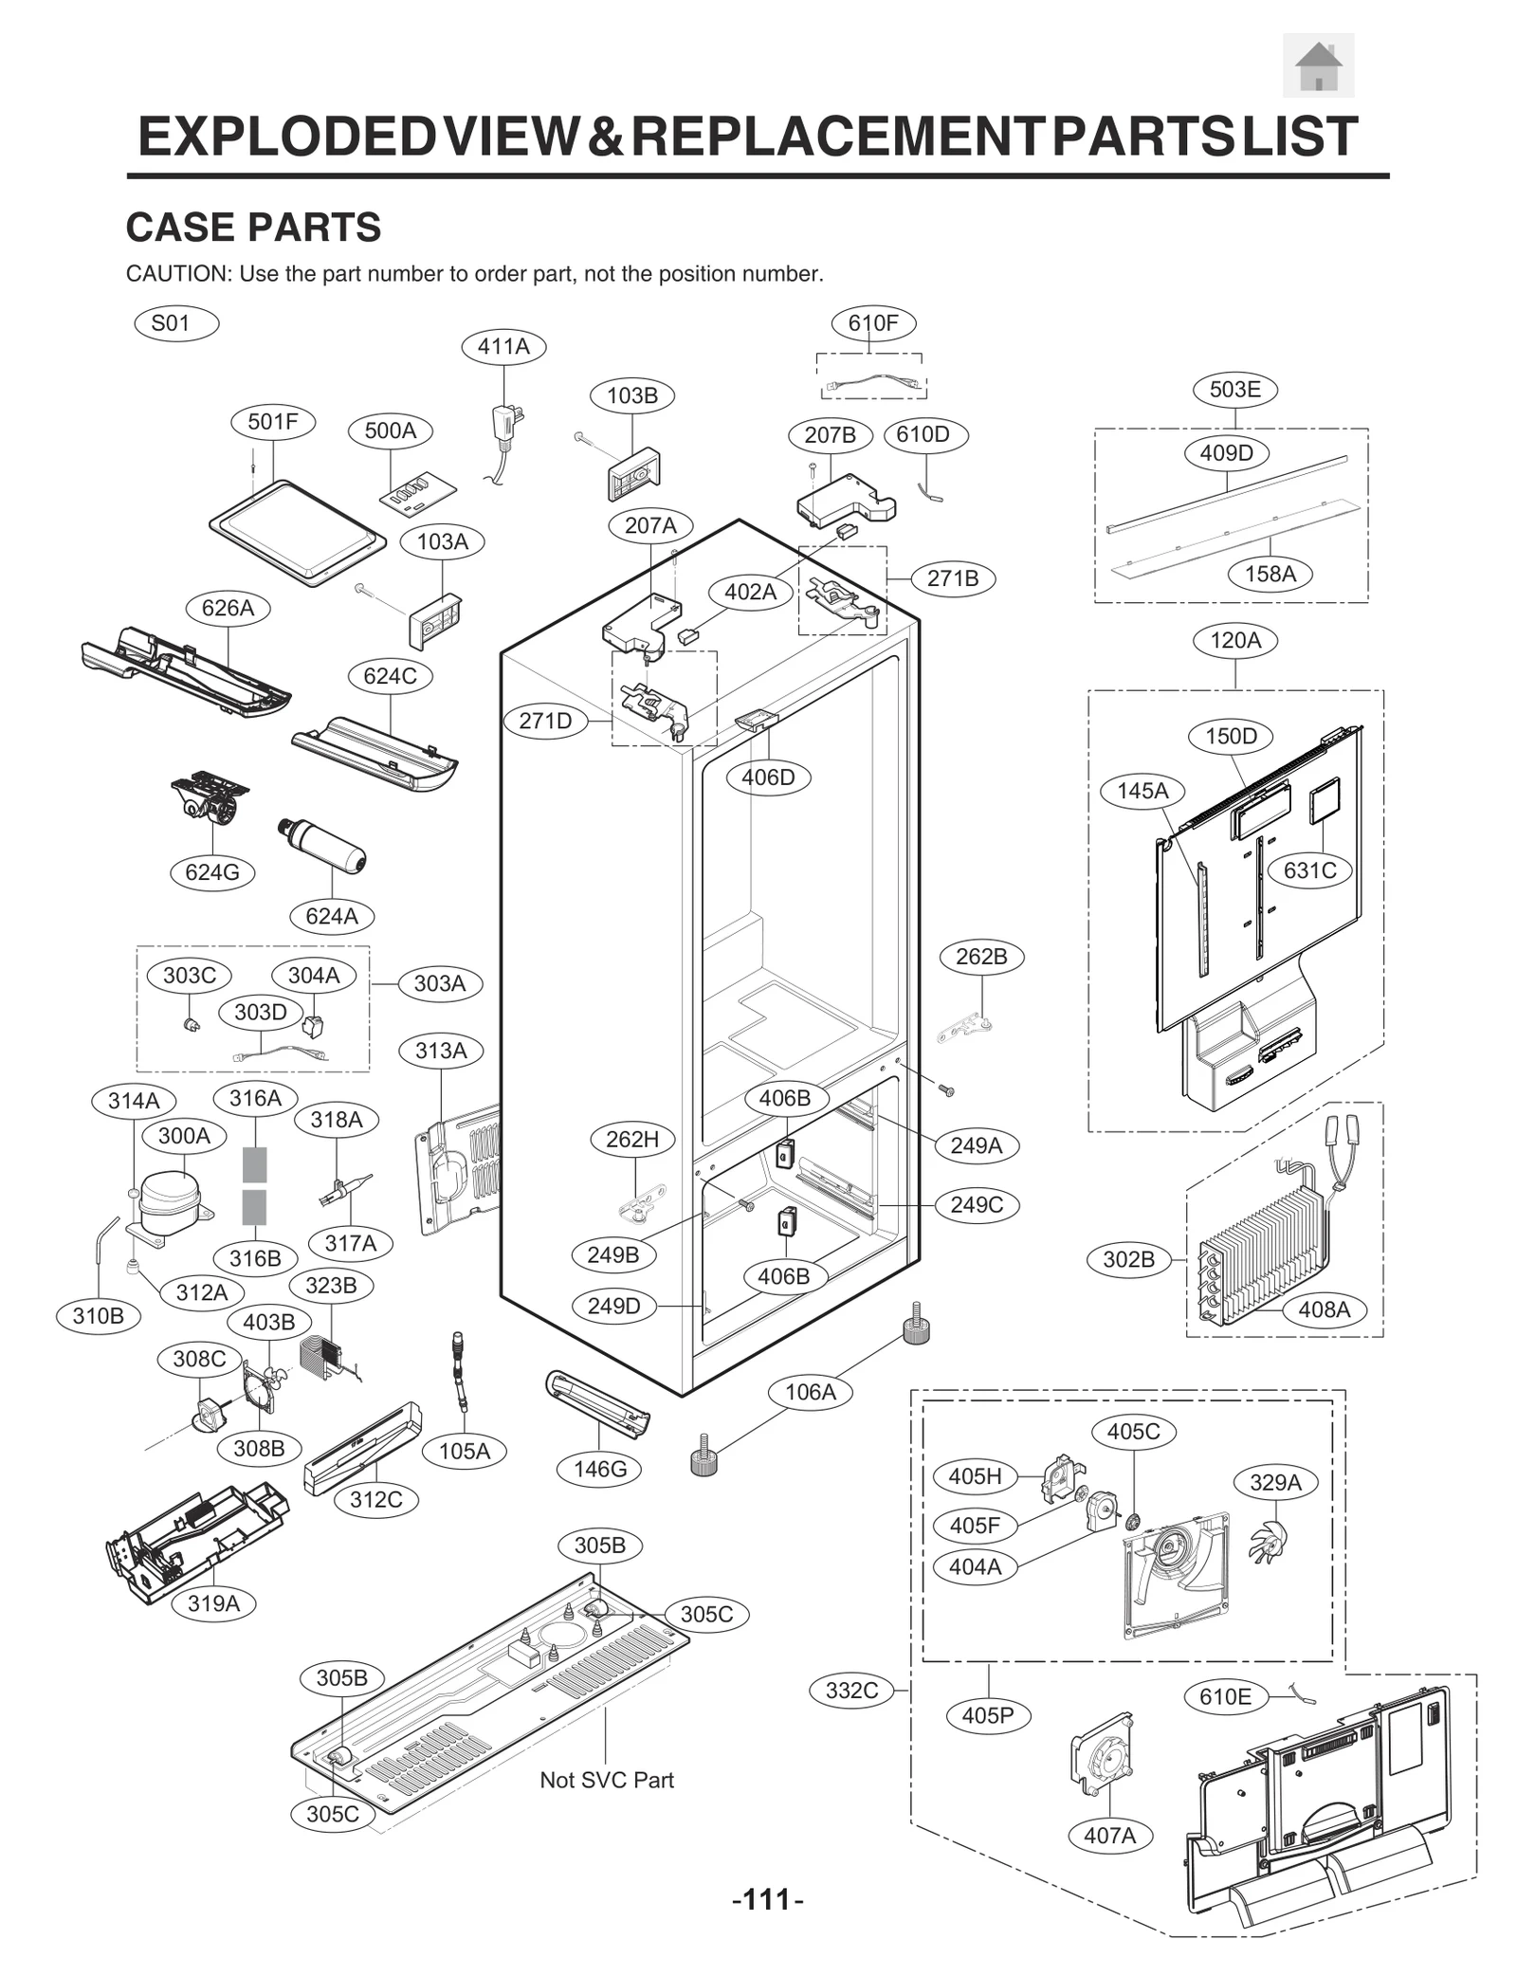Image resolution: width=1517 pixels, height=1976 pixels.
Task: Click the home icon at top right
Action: click(x=1318, y=65)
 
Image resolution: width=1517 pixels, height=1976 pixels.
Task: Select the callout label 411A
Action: click(x=503, y=347)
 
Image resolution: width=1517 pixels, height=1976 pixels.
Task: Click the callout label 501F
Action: click(x=273, y=422)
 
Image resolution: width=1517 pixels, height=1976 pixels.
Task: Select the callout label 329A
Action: click(x=1275, y=1482)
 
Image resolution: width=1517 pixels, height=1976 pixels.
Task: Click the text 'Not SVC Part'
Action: click(x=606, y=1780)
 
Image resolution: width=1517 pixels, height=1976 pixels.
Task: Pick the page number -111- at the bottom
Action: click(x=767, y=1899)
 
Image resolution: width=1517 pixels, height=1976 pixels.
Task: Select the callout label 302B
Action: click(x=1128, y=1259)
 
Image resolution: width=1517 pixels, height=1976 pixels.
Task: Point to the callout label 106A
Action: click(x=810, y=1392)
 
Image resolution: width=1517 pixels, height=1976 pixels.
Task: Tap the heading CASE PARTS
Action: click(x=253, y=228)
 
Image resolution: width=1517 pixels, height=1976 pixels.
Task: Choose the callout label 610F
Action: click(x=872, y=323)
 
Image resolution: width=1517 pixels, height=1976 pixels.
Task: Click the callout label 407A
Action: click(x=1109, y=1836)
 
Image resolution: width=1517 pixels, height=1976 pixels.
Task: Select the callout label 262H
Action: click(x=632, y=1139)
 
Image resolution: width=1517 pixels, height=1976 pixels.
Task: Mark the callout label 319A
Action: click(x=213, y=1603)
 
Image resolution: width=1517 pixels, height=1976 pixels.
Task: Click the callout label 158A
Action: click(x=1270, y=574)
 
